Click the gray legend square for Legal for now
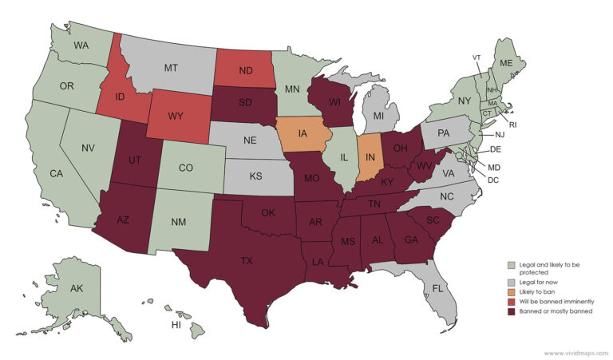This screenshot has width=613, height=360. pyautogui.click(x=500, y=282)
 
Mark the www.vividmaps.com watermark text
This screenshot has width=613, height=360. pyautogui.click(x=574, y=352)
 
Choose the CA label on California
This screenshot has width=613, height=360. pyautogui.click(x=56, y=173)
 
